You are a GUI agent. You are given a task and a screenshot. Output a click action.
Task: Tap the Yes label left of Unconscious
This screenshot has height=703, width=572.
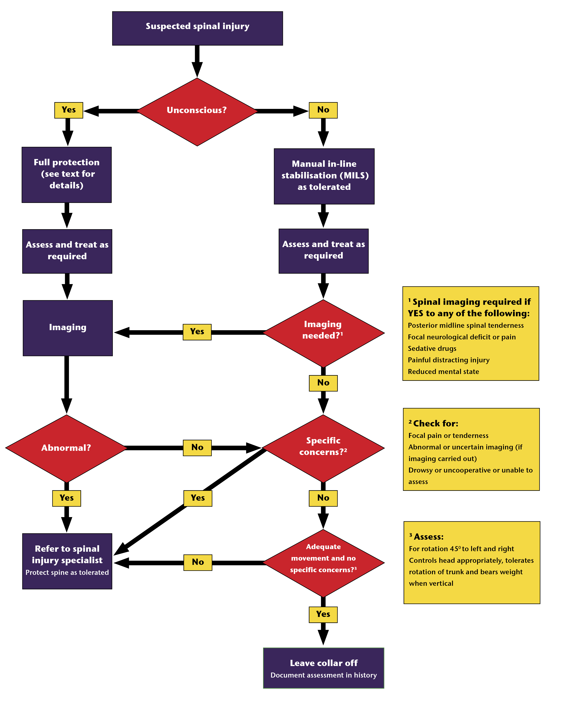click(68, 110)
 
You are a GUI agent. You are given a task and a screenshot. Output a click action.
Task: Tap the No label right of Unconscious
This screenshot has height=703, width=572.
click(323, 110)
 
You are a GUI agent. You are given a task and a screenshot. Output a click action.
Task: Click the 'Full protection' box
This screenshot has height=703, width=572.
click(67, 175)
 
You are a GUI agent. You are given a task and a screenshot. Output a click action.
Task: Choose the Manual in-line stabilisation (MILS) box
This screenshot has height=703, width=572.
click(324, 176)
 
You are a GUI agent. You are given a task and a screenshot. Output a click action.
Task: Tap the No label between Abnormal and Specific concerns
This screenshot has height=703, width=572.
click(197, 448)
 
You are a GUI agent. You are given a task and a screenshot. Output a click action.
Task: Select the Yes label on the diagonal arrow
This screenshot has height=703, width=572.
click(198, 498)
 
